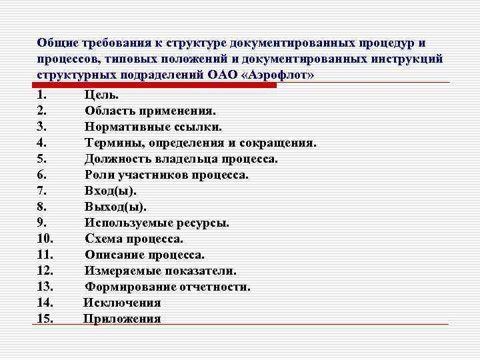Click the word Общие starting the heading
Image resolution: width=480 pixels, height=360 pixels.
pos(57,43)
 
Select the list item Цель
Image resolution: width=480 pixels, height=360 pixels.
pos(102,95)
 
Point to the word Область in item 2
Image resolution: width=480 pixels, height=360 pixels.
pos(109,111)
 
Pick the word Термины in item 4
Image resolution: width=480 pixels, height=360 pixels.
pos(111,143)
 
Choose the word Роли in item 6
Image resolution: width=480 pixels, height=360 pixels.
pos(99,175)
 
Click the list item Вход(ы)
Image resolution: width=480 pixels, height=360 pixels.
pos(111,191)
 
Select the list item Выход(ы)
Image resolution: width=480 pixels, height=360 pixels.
pos(115,207)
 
